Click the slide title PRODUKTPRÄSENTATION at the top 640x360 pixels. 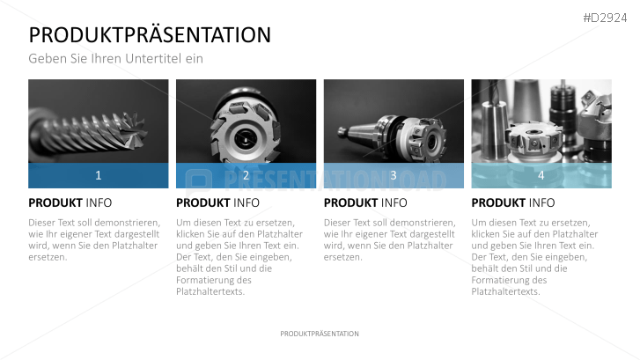point(150,35)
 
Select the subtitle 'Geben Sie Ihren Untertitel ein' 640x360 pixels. point(115,59)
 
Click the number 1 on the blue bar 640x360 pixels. point(98,175)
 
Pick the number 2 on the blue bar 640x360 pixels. point(246,175)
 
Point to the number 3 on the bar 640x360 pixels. point(394,175)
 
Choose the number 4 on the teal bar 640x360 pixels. point(541,175)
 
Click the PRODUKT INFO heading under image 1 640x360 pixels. point(70,202)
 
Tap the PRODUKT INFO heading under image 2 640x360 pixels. point(218,202)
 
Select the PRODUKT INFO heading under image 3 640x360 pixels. point(366,202)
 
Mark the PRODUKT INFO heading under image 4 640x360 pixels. point(514,202)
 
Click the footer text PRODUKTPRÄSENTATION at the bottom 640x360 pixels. point(320,334)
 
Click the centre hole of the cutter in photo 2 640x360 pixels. point(246,136)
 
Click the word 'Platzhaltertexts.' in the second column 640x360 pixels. point(211,291)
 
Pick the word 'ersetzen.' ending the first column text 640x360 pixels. point(48,257)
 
